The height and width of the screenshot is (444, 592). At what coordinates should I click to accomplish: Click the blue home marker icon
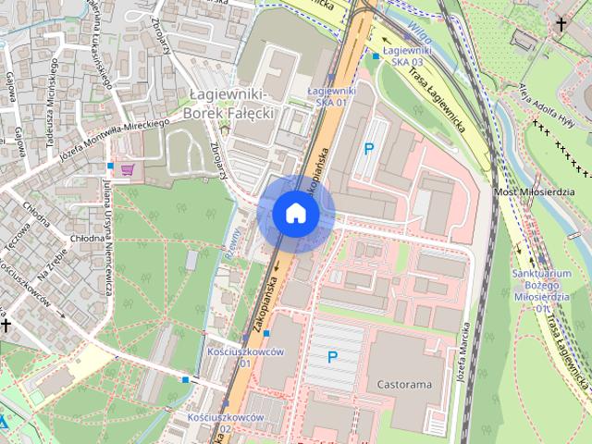click(295, 213)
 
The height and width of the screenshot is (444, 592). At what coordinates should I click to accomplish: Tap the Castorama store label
click(404, 383)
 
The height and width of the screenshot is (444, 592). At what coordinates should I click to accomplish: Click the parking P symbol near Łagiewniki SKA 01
click(369, 148)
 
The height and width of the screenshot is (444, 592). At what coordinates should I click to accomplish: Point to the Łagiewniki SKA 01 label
click(330, 96)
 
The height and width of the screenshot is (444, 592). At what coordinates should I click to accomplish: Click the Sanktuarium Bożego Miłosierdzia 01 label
click(545, 283)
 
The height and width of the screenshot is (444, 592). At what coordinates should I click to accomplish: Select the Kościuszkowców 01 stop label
click(231, 357)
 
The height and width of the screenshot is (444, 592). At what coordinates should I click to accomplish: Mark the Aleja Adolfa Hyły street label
click(530, 105)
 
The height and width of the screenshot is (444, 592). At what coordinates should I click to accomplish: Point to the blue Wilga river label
click(418, 18)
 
